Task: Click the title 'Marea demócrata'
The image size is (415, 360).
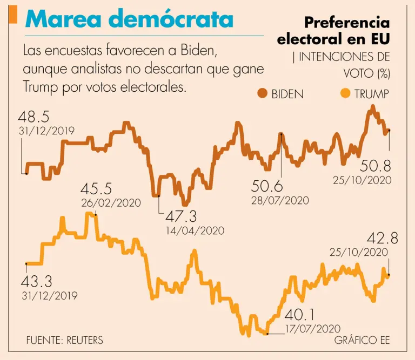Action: [130, 19]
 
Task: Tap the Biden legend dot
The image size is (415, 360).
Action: [263, 94]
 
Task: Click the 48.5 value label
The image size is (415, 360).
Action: [34, 117]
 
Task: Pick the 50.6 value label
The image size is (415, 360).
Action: [267, 186]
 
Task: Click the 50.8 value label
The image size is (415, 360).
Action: [376, 166]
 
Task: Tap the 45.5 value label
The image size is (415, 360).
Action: [96, 189]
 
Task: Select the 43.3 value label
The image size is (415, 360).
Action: [37, 281]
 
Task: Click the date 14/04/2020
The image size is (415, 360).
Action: [195, 230]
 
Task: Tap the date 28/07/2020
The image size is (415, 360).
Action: [280, 200]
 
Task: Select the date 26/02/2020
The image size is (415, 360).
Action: [111, 203]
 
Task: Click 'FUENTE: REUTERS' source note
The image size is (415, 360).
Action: [64, 341]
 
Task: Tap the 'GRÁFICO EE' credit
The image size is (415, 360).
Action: [362, 341]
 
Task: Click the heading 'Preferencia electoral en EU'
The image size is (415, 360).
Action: [333, 31]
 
